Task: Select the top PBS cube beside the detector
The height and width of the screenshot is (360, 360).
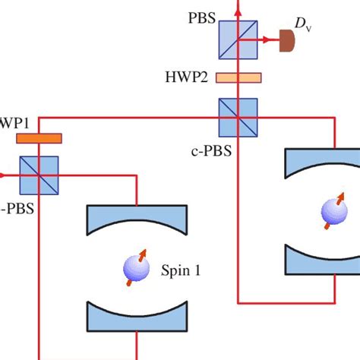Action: [x=238, y=39]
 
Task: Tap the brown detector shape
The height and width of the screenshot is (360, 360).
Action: [x=287, y=40]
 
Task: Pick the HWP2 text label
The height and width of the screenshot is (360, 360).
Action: [x=187, y=77]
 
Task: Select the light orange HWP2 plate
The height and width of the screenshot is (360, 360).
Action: [x=238, y=77]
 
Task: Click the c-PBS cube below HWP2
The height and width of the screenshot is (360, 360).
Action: [x=238, y=117]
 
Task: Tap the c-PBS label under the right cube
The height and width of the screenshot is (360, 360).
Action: [x=210, y=150]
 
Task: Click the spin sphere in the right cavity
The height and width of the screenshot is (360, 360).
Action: [x=332, y=210]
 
